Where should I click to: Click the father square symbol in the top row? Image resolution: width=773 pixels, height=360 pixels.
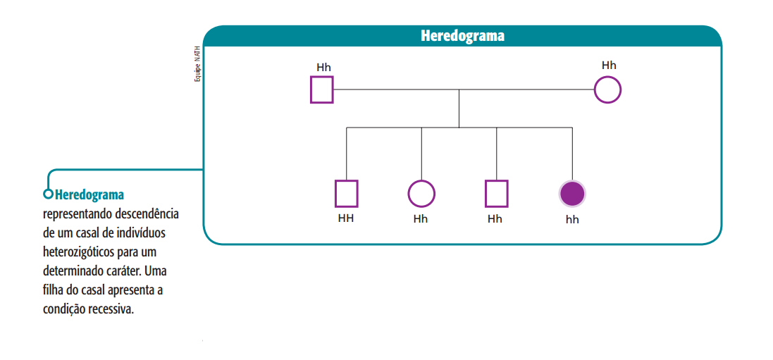coord(321,90)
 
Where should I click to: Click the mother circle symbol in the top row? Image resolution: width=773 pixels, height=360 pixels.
coord(607,90)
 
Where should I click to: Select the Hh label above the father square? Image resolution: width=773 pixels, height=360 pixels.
coord(323,68)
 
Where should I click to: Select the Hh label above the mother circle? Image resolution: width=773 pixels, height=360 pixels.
coord(609,66)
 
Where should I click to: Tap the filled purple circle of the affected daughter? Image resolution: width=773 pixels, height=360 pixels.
coord(572,193)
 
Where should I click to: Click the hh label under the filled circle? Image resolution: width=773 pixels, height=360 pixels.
coord(572,219)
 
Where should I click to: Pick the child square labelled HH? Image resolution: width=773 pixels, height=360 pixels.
coord(346,193)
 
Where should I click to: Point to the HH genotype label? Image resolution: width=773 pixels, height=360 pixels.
coord(346,218)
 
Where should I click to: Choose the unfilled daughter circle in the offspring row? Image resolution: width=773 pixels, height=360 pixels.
coord(421,193)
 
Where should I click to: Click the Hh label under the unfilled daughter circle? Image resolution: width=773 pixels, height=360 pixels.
coord(421,218)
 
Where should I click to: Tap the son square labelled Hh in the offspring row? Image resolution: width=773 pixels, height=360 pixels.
coord(496,193)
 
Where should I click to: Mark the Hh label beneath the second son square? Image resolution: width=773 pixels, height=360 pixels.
coord(495,218)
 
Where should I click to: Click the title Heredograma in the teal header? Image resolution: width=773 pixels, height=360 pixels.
coord(462,36)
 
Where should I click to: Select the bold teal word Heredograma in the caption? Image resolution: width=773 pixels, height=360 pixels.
coord(89,194)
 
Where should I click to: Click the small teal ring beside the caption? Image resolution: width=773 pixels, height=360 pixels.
coord(48,194)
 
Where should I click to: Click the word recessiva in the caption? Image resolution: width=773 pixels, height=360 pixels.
coord(109,309)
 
